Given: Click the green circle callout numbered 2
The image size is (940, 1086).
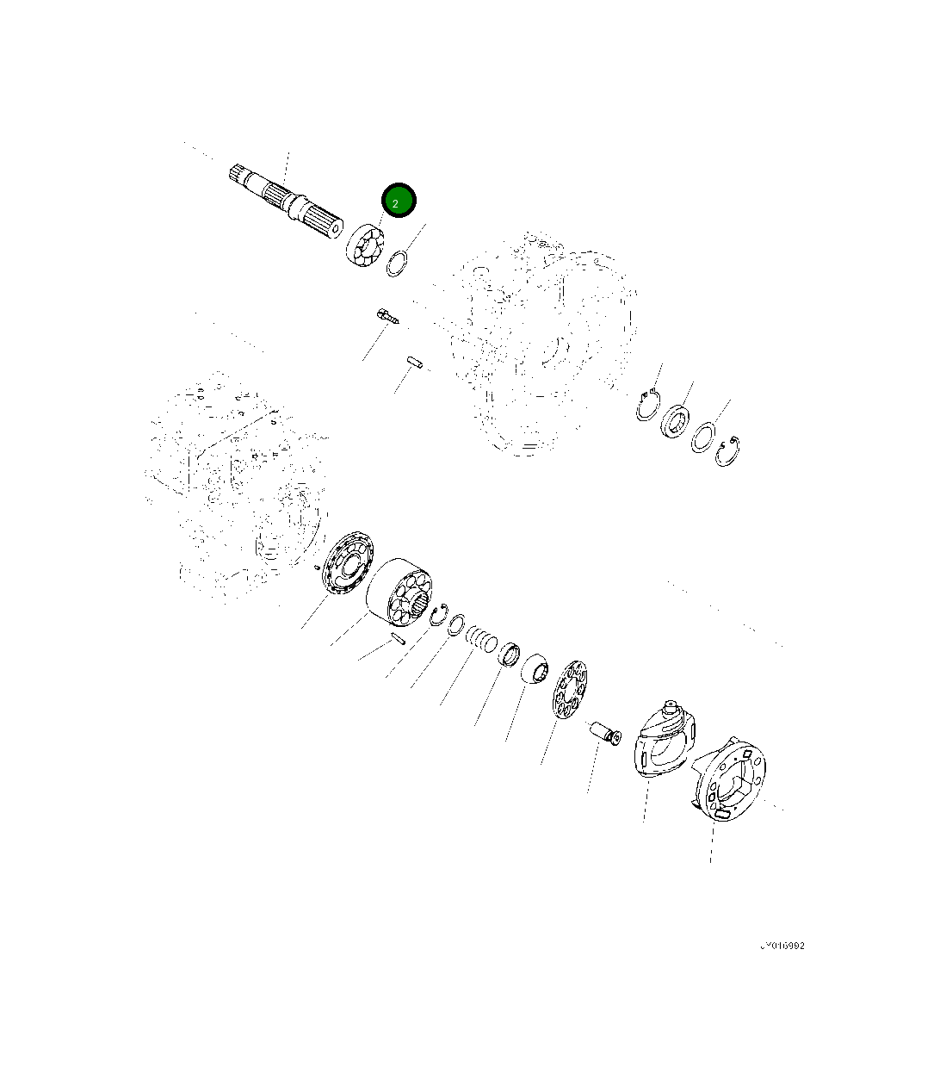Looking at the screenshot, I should [399, 202].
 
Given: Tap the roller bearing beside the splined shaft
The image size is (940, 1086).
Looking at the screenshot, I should [364, 247].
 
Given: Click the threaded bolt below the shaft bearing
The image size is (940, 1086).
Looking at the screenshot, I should [387, 316].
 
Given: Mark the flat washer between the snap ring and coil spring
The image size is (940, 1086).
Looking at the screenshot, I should [457, 624].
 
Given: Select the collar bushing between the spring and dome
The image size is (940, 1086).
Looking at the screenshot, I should [510, 655].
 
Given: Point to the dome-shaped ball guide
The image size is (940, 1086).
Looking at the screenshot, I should [536, 667].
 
